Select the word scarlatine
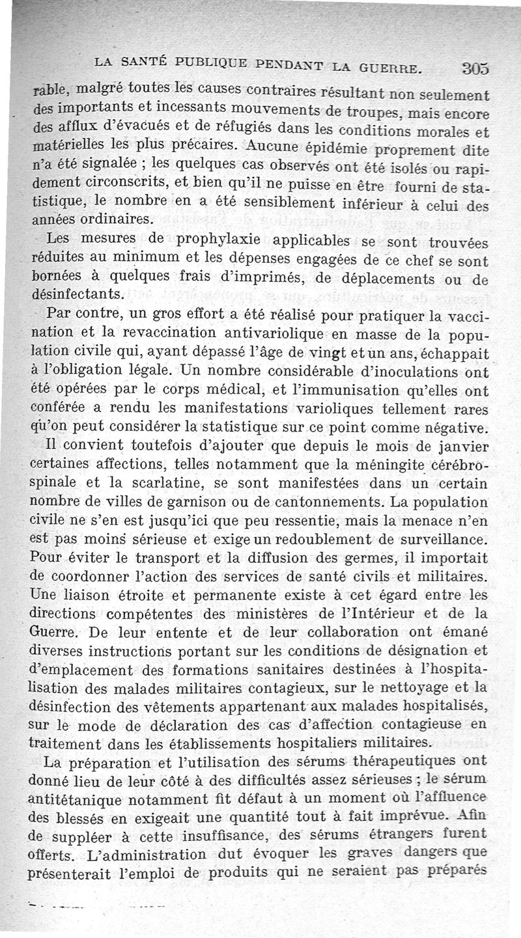point(176,485)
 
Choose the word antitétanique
point(74,799)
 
